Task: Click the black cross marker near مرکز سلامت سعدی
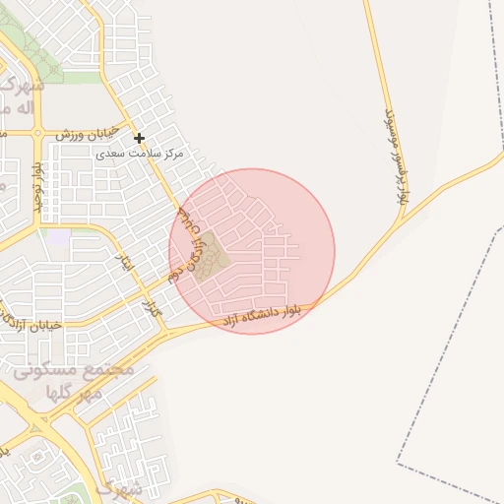(x=140, y=138)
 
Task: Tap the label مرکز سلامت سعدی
(x=142, y=155)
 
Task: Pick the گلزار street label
(x=152, y=307)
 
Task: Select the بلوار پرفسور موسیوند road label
(x=394, y=157)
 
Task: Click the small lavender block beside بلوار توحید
(x=60, y=238)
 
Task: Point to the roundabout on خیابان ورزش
(x=38, y=132)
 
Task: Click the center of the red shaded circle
(x=252, y=251)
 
